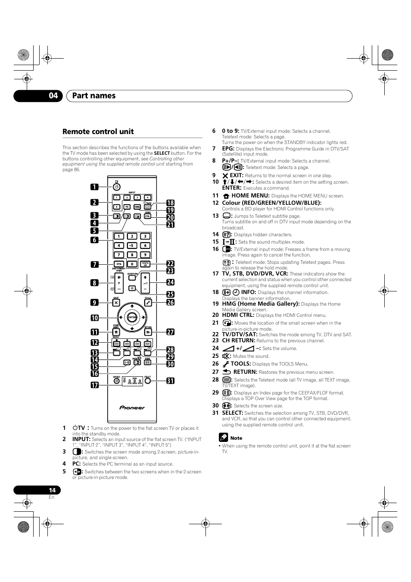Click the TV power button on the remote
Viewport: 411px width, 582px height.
tap(116, 187)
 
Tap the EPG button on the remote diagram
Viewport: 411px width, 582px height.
tap(118, 264)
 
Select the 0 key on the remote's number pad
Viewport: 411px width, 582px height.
tap(132, 264)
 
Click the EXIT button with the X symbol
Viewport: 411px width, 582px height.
tap(116, 303)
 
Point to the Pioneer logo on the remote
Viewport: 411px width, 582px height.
tap(132, 407)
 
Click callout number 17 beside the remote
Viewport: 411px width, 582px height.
tap(94, 385)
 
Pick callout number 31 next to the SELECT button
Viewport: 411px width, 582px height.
tap(170, 381)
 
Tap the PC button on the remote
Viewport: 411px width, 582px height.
tap(127, 207)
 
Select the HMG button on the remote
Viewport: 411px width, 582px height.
tap(137, 207)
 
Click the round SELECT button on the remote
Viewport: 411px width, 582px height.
tap(148, 381)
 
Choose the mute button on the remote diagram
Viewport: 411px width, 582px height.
tap(132, 288)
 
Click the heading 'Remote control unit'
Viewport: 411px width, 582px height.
tap(98, 131)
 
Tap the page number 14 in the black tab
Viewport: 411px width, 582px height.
tap(52, 490)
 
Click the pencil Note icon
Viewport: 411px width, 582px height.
tap(223, 438)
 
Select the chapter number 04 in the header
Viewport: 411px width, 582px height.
tap(53, 96)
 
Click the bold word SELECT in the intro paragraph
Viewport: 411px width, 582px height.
tap(162, 153)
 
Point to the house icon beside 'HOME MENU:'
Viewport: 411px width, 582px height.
tap(226, 196)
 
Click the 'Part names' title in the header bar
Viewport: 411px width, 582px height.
tap(94, 96)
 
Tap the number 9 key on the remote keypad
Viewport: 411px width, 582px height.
tap(145, 255)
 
